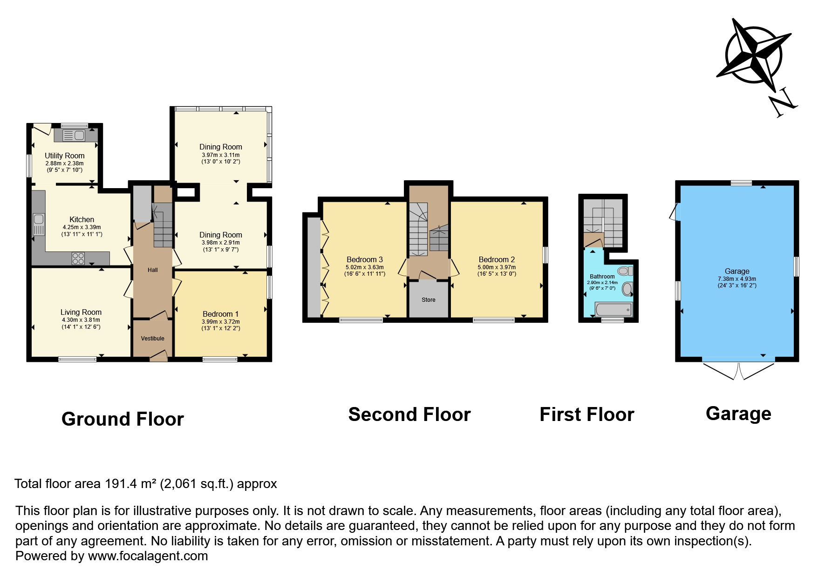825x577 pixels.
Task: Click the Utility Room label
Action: (x=64, y=156)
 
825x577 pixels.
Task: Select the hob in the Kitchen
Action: (x=78, y=258)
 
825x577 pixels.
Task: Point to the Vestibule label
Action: (x=152, y=339)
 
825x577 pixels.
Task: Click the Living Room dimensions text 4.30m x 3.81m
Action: (x=81, y=320)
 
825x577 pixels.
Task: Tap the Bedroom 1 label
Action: (x=220, y=314)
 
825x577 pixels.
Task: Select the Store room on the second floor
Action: (x=428, y=299)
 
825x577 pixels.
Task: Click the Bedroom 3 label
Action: (x=364, y=259)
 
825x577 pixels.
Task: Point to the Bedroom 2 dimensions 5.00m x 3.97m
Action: (x=497, y=267)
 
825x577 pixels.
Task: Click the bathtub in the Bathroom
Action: (x=614, y=309)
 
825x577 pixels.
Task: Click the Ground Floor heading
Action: (x=123, y=419)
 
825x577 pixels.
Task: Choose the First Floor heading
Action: (x=586, y=414)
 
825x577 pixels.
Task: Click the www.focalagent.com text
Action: (x=148, y=556)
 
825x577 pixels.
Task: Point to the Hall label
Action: (x=152, y=270)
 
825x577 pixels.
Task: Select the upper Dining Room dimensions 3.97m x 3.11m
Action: (x=220, y=155)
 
